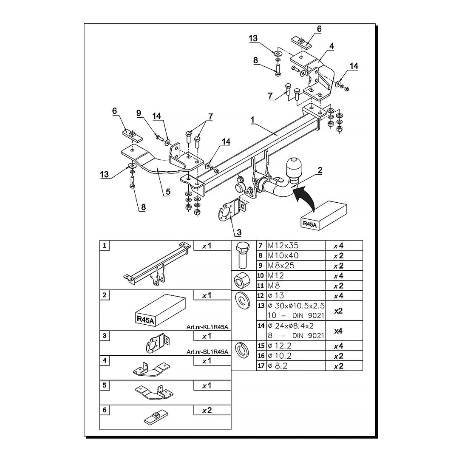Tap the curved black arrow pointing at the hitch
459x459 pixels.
pyautogui.click(x=306, y=197)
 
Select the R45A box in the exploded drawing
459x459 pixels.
pyautogui.click(x=323, y=216)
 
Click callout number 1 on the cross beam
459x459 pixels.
pyautogui.click(x=252, y=120)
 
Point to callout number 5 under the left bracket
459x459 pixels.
pyautogui.click(x=168, y=192)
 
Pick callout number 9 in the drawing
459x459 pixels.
pyautogui.click(x=139, y=113)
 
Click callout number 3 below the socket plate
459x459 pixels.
pyautogui.click(x=239, y=232)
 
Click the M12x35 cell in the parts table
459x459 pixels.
pyautogui.click(x=283, y=245)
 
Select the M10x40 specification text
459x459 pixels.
pyautogui.click(x=283, y=255)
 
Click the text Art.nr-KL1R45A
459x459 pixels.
pyautogui.click(x=207, y=327)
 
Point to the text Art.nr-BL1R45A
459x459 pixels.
pyautogui.click(x=207, y=352)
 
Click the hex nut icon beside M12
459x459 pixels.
pyautogui.click(x=243, y=280)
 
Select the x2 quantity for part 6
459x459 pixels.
pyautogui.click(x=207, y=411)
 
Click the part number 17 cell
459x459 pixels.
pyautogui.click(x=261, y=365)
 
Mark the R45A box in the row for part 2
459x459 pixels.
pyautogui.click(x=161, y=310)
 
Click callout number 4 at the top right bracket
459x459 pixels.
pyautogui.click(x=331, y=46)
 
